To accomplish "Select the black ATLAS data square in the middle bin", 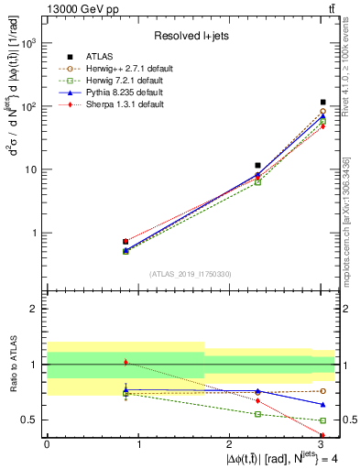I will [258, 166].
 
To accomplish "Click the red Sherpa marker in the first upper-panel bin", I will [125, 242].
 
